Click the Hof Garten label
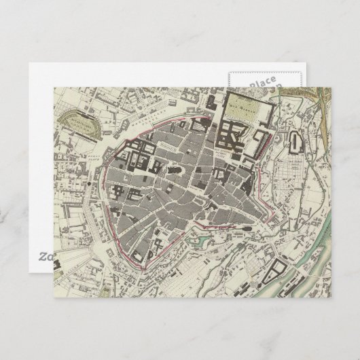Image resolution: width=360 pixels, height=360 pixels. pyautogui.click(x=243, y=105)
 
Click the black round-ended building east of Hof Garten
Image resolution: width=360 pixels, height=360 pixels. pyautogui.click(x=296, y=142)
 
